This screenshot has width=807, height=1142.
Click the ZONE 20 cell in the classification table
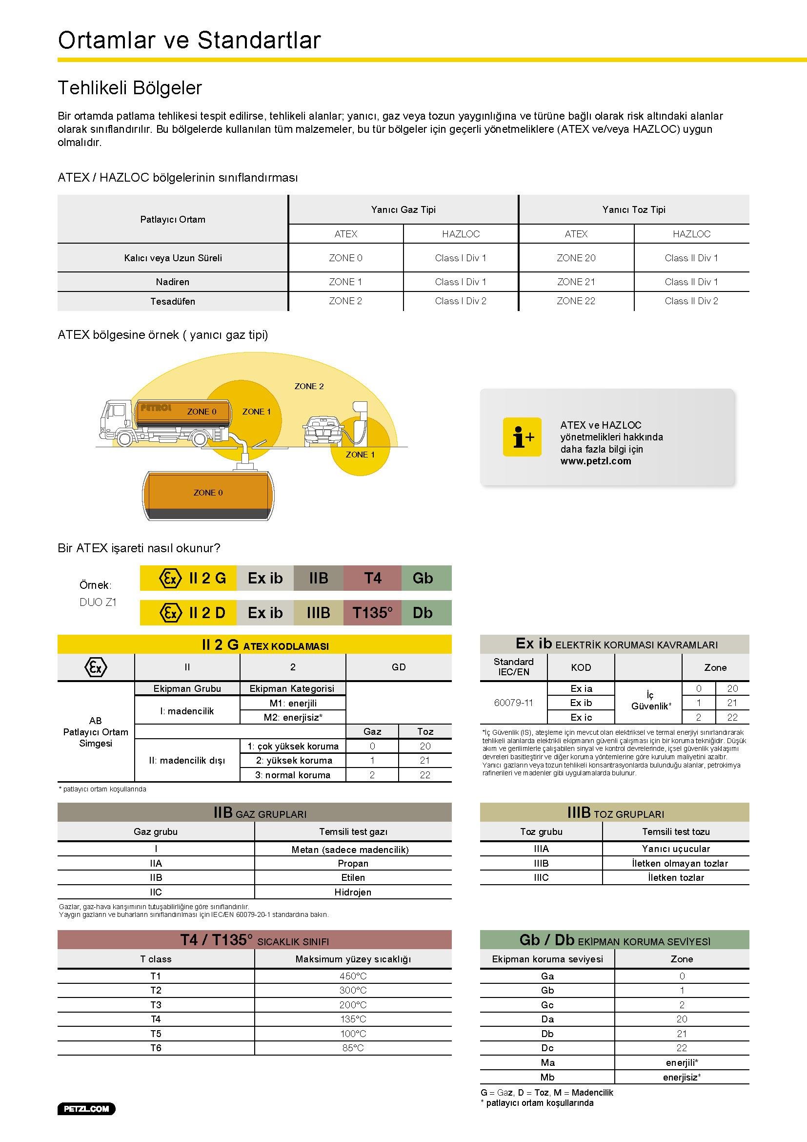pyautogui.click(x=576, y=258)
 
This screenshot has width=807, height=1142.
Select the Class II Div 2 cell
pyautogui.click(x=691, y=301)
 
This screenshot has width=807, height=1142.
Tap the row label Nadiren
pyautogui.click(x=172, y=282)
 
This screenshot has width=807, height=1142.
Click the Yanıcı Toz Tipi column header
pyautogui.click(x=634, y=209)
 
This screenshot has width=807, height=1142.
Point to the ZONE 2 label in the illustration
pyautogui.click(x=309, y=386)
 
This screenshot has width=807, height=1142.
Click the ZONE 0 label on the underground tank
pyautogui.click(x=208, y=493)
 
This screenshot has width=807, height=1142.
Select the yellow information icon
pyautogui.click(x=522, y=436)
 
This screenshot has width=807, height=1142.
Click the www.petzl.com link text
pyautogui.click(x=596, y=461)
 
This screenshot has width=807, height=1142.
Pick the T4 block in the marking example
pyautogui.click(x=372, y=578)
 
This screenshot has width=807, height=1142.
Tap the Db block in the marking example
pyautogui.click(x=423, y=613)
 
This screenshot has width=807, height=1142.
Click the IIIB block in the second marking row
pyautogui.click(x=318, y=613)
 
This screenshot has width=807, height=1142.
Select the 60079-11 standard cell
pyautogui.click(x=513, y=703)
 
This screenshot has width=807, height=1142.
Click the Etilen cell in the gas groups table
pyautogui.click(x=353, y=877)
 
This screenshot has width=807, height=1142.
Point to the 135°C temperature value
pyautogui.click(x=353, y=1019)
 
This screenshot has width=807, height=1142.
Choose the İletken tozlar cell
pyautogui.click(x=676, y=877)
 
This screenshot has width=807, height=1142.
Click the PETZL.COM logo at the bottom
pyautogui.click(x=86, y=1109)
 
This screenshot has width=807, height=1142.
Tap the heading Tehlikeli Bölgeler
pyautogui.click(x=130, y=88)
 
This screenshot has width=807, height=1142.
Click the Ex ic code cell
pyautogui.click(x=581, y=717)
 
